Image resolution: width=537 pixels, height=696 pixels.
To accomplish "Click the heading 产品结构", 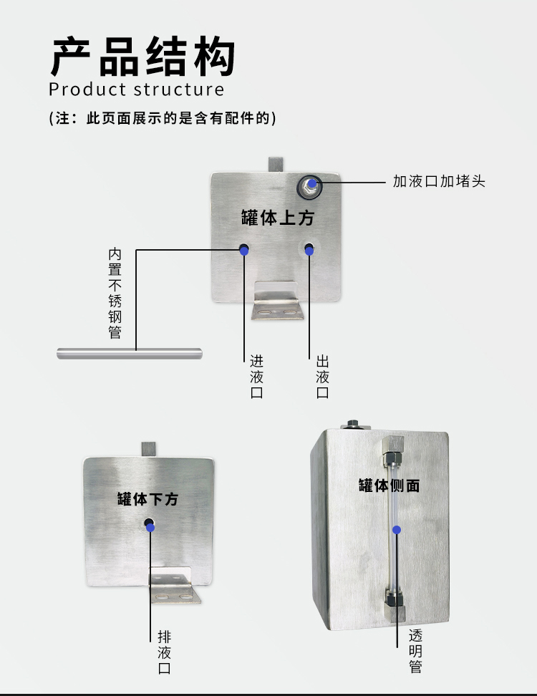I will click(142, 57).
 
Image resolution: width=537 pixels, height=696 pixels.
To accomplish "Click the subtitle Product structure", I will click(136, 90).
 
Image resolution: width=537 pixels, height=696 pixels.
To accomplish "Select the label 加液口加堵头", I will click(439, 181).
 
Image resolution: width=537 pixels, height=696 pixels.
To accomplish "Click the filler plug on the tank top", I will click(310, 185).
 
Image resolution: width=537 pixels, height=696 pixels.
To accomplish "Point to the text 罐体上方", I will click(277, 218).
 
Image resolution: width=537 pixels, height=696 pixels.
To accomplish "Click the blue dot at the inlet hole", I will click(244, 250).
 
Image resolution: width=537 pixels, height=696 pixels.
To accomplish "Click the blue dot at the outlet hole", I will click(309, 250).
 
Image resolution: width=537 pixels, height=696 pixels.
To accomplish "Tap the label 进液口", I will click(256, 377).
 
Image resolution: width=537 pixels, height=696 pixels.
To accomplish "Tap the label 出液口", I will click(322, 377).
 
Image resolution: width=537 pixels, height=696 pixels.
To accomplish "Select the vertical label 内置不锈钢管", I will click(115, 294).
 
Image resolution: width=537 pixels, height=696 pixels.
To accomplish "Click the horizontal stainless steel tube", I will click(129, 352).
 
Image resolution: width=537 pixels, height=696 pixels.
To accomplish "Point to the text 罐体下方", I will click(147, 499).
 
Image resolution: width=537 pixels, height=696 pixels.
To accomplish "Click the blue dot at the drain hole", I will click(150, 527).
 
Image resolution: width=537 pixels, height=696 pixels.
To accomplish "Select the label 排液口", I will click(164, 652).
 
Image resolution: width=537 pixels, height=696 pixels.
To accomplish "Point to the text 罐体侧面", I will click(389, 485).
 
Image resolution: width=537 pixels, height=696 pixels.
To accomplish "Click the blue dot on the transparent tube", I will click(397, 529).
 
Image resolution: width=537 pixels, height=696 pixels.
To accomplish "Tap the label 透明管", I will click(416, 651).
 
